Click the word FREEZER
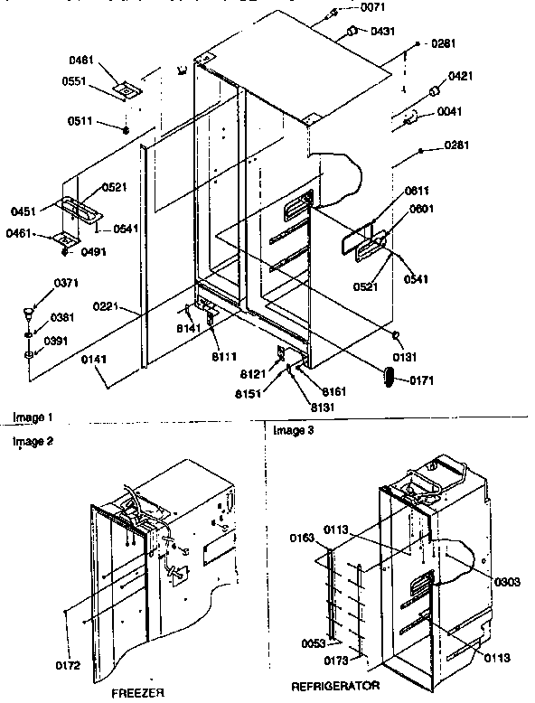(142, 692)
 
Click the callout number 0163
(303, 538)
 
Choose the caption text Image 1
(33, 417)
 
